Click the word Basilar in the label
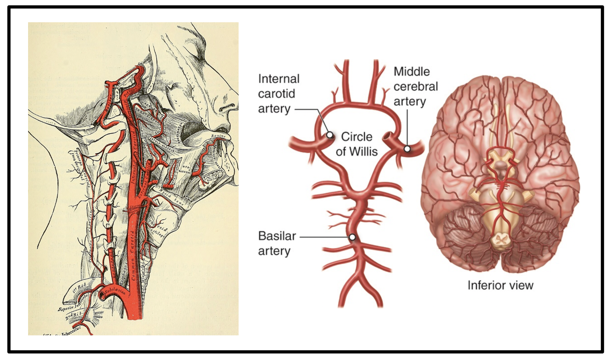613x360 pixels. point(277,236)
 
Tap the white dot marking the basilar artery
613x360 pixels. point(352,237)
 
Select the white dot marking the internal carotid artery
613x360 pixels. point(329,135)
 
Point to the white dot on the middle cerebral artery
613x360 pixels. point(407,149)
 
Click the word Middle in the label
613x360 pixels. point(412,72)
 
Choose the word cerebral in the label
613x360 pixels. point(415,86)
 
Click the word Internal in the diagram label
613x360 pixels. point(279,79)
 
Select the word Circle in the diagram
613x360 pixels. point(357,137)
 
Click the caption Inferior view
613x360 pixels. point(500,285)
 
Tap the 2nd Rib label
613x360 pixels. point(73,316)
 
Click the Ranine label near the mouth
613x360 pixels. point(218,136)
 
